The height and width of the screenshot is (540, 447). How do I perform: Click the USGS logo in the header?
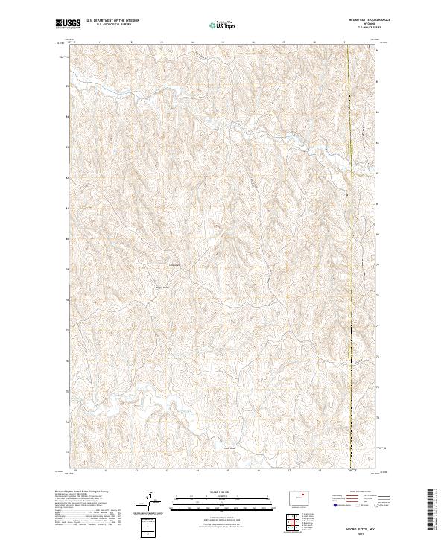(68, 24)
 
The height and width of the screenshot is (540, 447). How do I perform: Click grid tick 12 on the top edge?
(130, 42)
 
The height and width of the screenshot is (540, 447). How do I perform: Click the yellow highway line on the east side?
(350, 246)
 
